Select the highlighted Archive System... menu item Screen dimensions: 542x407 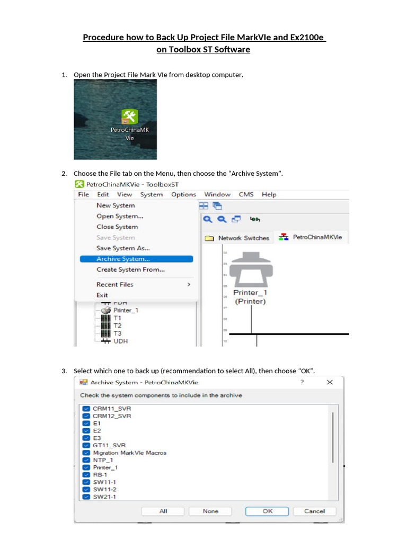point(123,259)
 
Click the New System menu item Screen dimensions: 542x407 point(116,205)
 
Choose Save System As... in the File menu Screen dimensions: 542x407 point(123,248)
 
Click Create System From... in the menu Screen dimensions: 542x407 point(130,269)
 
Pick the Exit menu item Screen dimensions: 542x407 point(102,295)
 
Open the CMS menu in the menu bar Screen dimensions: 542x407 point(246,194)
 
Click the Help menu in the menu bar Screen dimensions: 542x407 point(269,194)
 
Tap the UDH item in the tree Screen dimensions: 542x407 point(120,341)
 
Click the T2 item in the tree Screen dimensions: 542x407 point(117,326)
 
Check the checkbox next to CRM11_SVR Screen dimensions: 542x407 point(86,409)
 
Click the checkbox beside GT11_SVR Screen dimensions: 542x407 point(86,446)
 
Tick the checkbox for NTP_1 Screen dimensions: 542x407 point(86,460)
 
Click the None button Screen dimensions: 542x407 point(210,511)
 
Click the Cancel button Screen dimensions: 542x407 point(314,511)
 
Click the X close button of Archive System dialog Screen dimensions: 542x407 point(330,382)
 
